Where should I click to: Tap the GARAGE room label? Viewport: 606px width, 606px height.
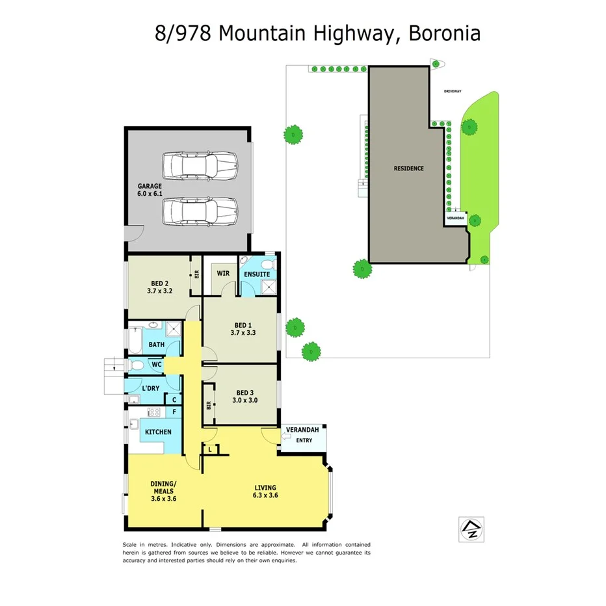pyautogui.click(x=149, y=186)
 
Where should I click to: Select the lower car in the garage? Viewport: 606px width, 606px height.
pyautogui.click(x=200, y=211)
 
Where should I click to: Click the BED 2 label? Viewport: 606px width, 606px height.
pyautogui.click(x=159, y=283)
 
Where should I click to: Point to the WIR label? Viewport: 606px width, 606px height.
pyautogui.click(x=223, y=274)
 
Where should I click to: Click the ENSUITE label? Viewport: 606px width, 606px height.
pyautogui.click(x=257, y=274)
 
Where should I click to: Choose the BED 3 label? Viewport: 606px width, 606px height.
pyautogui.click(x=245, y=392)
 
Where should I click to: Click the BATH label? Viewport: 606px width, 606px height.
pyautogui.click(x=156, y=345)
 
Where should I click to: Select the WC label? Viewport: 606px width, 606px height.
pyautogui.click(x=156, y=365)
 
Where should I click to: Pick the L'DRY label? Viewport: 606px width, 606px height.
pyautogui.click(x=151, y=388)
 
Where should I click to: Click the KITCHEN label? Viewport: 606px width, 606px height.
pyautogui.click(x=158, y=432)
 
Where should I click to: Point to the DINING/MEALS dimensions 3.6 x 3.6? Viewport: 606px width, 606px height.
pyautogui.click(x=163, y=499)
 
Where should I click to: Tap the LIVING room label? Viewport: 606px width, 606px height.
pyautogui.click(x=265, y=487)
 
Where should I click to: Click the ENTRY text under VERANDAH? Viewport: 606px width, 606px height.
pyautogui.click(x=304, y=440)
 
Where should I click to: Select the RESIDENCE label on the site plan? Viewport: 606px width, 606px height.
pyautogui.click(x=408, y=168)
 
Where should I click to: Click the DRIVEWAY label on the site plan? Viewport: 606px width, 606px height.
pyautogui.click(x=453, y=92)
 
